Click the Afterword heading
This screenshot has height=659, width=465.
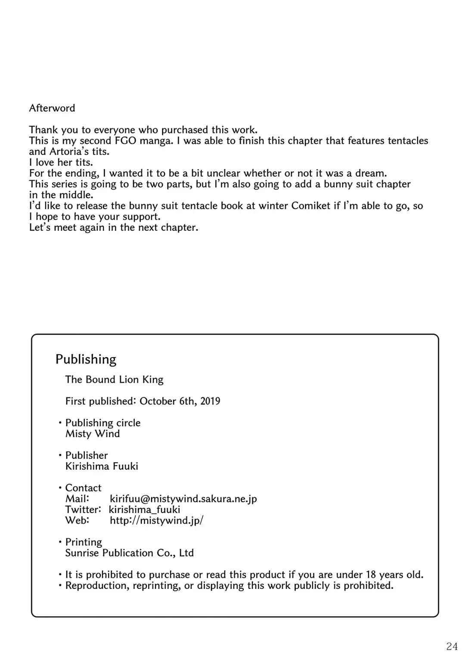[x=52, y=108]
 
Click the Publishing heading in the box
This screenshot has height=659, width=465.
[x=86, y=360]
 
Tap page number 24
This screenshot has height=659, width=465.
[x=452, y=646]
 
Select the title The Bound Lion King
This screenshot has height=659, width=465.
[x=114, y=379]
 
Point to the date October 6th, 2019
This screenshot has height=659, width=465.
[x=180, y=401]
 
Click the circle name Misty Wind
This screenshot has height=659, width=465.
[x=93, y=434]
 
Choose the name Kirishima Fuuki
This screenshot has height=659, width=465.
[x=102, y=466]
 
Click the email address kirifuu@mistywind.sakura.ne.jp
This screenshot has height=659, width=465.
[x=183, y=499]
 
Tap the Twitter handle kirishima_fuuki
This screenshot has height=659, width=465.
[x=145, y=510]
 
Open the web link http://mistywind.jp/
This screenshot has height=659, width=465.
[x=157, y=520]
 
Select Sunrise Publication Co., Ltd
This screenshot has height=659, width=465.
[x=129, y=553]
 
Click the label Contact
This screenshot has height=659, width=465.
[x=83, y=488]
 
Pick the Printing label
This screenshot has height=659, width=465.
[x=84, y=542]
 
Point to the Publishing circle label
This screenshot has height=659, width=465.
[x=103, y=423]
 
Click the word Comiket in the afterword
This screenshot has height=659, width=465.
[x=311, y=206]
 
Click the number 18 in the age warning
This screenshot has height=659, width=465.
[x=371, y=575]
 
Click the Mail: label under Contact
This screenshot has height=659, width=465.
[x=77, y=499]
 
